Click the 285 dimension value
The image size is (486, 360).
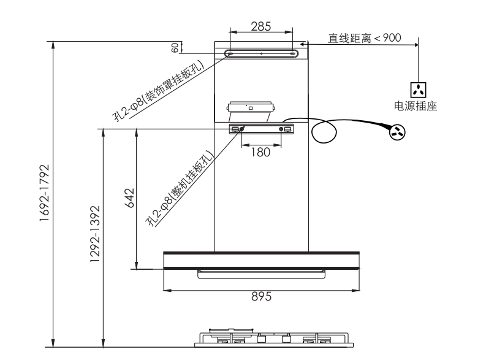[261, 26]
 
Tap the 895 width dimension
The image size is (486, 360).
[261, 296]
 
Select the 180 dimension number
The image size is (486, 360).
[260, 152]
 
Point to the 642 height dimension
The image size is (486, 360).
[129, 198]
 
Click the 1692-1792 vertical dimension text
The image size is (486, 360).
[44, 193]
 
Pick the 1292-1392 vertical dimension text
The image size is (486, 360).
[95, 234]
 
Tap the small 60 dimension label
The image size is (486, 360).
[175, 48]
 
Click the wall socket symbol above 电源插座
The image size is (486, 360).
[418, 90]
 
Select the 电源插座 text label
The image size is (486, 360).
[416, 106]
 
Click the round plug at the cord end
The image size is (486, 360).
[397, 132]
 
